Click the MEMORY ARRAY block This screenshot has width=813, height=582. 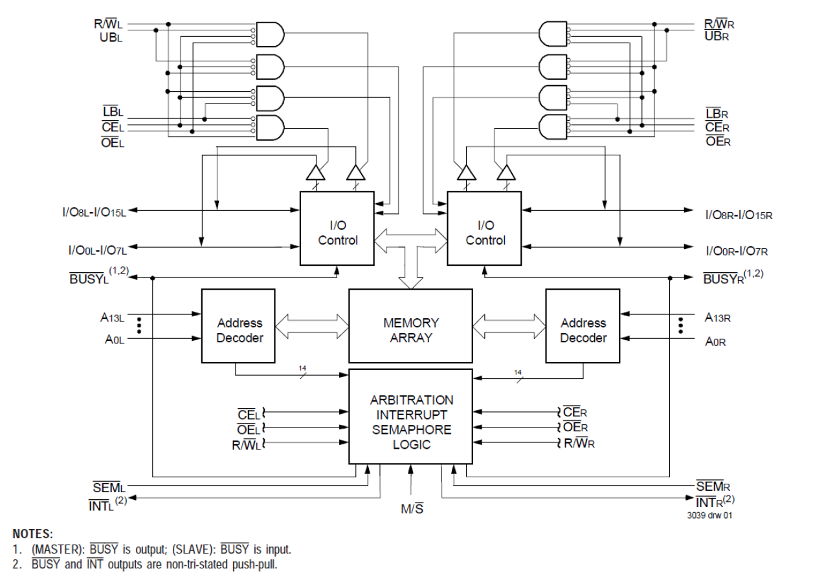coord(410,330)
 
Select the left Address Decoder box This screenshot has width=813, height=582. coord(239,330)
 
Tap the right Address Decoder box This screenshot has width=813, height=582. coord(583,330)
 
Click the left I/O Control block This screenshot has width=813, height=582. coord(337,233)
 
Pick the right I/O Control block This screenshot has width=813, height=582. coord(485,233)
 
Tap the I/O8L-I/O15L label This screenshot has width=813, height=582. coord(92,211)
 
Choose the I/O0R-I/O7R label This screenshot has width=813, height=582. coord(736,249)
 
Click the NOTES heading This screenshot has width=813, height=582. coord(32,534)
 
